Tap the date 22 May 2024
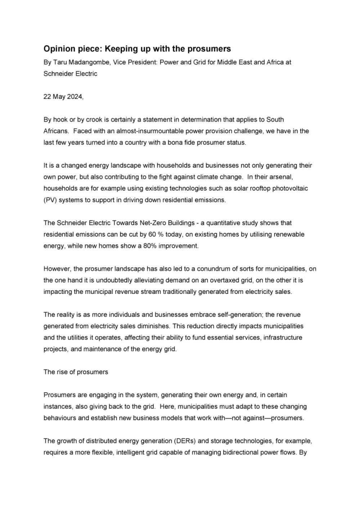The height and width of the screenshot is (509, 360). click(63, 97)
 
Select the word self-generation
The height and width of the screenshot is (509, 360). click(240, 315)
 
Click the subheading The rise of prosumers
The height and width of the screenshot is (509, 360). click(76, 372)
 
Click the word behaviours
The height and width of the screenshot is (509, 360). click(60, 418)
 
